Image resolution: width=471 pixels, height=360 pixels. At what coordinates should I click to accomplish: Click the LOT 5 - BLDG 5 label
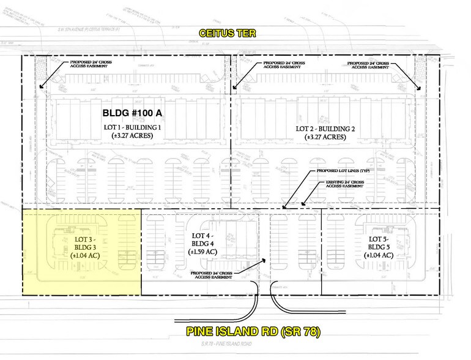point(380,241)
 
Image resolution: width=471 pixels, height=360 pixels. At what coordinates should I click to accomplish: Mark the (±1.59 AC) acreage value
point(202,250)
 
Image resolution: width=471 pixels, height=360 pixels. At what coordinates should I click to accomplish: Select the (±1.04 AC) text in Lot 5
point(380,255)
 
